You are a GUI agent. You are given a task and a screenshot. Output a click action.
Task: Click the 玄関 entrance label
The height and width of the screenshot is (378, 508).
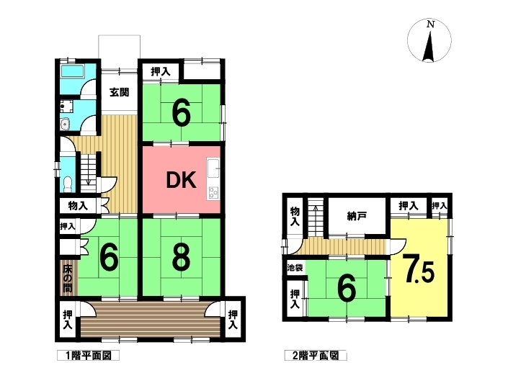(x=119, y=92)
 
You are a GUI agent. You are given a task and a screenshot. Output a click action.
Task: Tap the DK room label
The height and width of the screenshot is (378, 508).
(x=181, y=180)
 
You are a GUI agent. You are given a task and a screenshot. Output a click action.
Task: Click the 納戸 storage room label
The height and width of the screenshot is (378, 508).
(x=357, y=216)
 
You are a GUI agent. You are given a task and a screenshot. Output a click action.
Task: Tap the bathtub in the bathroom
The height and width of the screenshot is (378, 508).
(x=73, y=71)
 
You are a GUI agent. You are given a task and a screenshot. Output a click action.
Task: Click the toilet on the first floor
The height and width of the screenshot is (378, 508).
(x=68, y=184)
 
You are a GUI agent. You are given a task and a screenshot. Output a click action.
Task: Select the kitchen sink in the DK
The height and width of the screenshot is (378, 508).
(x=213, y=168)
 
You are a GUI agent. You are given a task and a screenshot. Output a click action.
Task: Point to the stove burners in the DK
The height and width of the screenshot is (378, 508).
(x=213, y=192)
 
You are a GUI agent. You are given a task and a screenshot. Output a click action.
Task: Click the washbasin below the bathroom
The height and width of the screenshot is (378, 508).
(x=65, y=124)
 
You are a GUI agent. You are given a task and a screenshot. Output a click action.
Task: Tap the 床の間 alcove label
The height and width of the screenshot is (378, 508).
(x=68, y=279)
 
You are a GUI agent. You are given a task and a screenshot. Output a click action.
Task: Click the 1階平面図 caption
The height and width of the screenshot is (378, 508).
(x=89, y=356)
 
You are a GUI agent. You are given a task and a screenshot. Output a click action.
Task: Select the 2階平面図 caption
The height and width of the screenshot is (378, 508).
(x=316, y=356)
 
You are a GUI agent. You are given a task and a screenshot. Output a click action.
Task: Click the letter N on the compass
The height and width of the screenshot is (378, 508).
(x=430, y=24)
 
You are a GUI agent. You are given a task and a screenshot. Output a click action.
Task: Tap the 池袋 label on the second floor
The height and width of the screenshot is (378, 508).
(x=295, y=268)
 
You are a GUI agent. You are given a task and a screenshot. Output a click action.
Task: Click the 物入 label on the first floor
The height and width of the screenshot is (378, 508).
(x=78, y=206)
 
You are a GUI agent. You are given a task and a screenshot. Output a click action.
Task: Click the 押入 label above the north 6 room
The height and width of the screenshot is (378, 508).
(x=161, y=71)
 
